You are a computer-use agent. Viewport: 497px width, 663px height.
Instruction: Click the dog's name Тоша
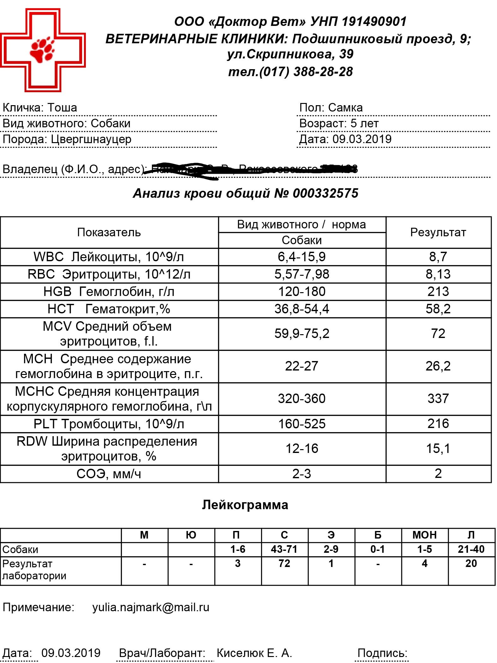(x=62, y=108)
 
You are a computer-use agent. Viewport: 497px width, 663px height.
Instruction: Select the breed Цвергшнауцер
(x=91, y=139)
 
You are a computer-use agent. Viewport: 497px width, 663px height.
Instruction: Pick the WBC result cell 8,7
(x=438, y=257)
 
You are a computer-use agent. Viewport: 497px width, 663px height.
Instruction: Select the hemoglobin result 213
(x=438, y=292)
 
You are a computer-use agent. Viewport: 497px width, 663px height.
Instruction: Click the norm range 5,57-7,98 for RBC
(x=302, y=274)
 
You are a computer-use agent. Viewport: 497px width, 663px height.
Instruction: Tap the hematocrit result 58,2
(x=438, y=309)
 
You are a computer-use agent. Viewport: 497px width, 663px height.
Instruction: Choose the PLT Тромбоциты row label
(x=109, y=424)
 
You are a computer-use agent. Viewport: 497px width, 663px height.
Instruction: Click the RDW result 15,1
(x=438, y=449)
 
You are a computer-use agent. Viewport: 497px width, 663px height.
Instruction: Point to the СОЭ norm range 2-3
(x=302, y=474)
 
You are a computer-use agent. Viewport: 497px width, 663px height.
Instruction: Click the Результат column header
(x=438, y=232)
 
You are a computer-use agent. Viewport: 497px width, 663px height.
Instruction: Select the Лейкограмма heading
(x=245, y=505)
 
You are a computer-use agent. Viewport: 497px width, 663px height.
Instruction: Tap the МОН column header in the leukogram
(x=424, y=535)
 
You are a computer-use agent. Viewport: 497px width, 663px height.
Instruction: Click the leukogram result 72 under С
(x=284, y=564)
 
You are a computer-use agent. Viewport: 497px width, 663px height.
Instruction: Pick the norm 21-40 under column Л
(x=471, y=549)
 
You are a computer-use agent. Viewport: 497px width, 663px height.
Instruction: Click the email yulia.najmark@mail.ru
(x=151, y=607)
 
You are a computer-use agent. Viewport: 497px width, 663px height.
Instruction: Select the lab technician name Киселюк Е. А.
(x=254, y=653)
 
